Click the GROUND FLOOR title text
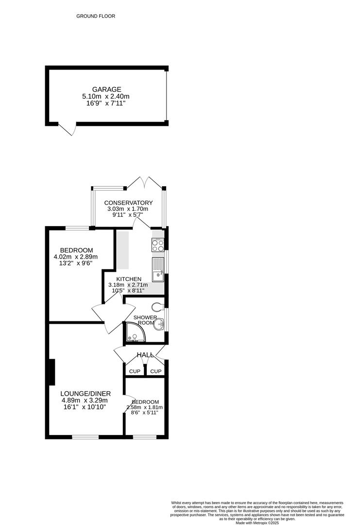(96, 16)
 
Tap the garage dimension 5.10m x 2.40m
(106, 97)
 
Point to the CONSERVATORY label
(129, 203)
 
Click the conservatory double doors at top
(145, 183)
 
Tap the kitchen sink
(158, 270)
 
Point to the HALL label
(145, 355)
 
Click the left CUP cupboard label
(135, 371)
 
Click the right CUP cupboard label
(155, 371)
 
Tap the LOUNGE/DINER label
(86, 393)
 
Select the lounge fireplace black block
(51, 372)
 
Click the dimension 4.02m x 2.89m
(76, 257)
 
